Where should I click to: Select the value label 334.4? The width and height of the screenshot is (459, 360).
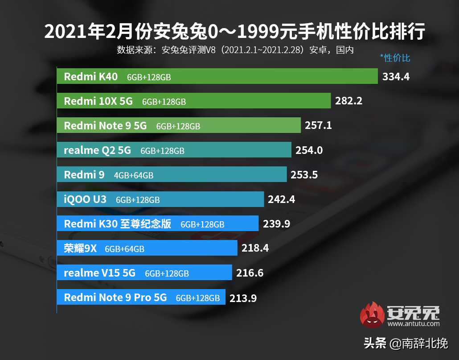point(396,77)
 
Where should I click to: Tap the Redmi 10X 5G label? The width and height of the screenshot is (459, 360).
point(98,101)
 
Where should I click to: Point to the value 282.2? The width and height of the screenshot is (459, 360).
point(348,101)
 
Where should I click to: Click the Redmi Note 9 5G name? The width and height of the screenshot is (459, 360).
point(105,126)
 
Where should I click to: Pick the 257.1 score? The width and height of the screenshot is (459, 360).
point(318,126)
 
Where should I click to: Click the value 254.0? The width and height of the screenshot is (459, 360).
point(309,150)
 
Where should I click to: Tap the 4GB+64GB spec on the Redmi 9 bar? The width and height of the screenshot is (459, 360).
point(134,175)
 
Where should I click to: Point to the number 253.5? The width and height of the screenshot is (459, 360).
point(304,175)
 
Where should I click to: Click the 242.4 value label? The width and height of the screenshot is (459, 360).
point(281,199)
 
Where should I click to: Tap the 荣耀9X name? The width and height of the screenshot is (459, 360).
point(80,248)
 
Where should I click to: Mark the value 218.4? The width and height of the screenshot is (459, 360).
point(255,248)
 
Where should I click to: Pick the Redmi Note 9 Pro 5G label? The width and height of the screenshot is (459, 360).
point(115,298)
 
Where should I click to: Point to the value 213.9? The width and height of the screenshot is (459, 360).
point(243,298)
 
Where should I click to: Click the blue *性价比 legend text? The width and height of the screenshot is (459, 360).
point(395,58)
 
